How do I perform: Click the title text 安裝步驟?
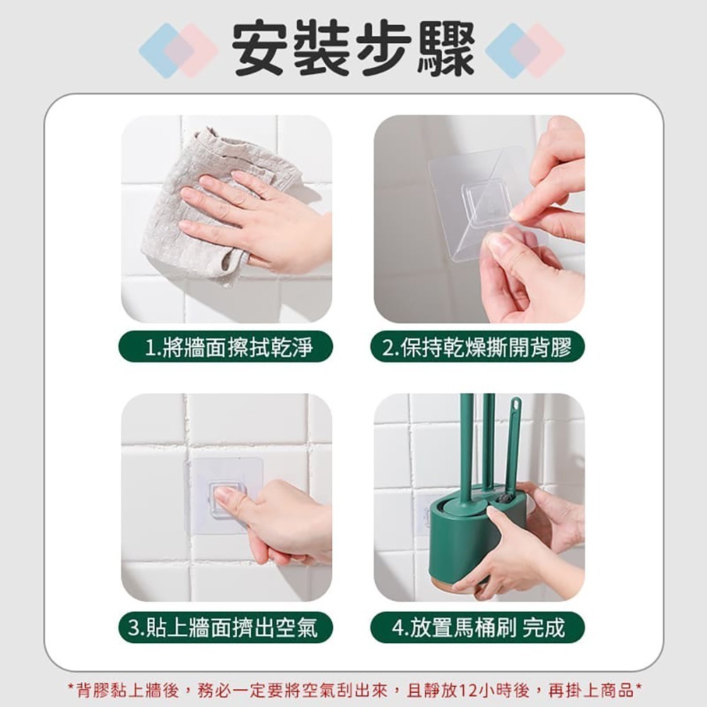tap(353, 49)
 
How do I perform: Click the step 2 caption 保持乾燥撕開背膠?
tap(479, 347)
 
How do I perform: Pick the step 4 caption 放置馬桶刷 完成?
tap(479, 627)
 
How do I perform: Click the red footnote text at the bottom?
tap(353, 687)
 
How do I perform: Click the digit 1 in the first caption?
tap(149, 347)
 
